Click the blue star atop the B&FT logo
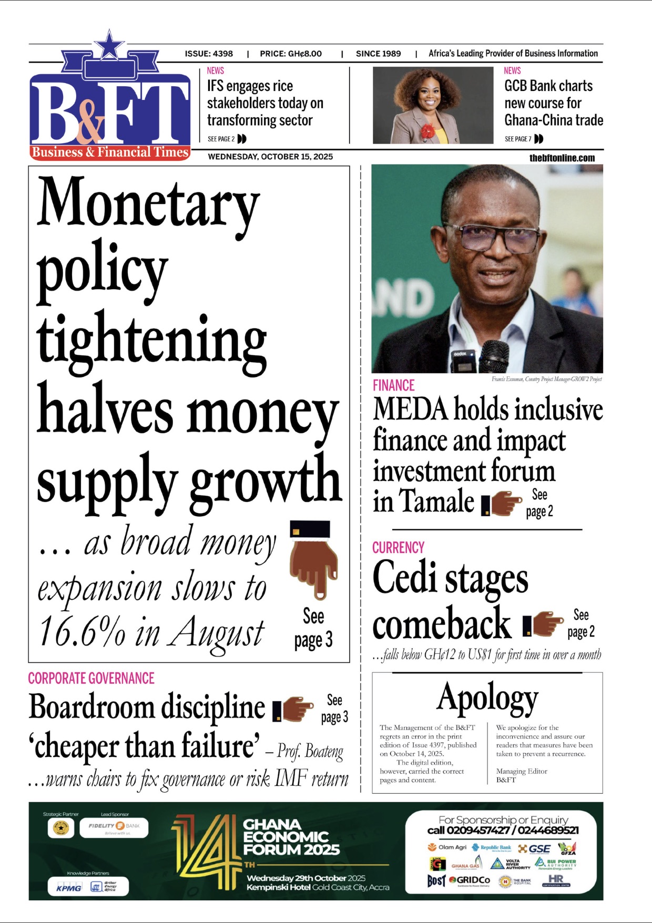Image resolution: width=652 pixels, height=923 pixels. click(x=109, y=45)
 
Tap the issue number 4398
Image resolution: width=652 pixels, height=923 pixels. click(x=223, y=54)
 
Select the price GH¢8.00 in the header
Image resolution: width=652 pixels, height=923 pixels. click(x=305, y=54)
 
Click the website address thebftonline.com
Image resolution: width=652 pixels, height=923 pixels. click(x=562, y=158)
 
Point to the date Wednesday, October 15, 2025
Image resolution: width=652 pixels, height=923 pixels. click(x=270, y=157)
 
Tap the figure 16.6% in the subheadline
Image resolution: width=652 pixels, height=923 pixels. click(x=82, y=631)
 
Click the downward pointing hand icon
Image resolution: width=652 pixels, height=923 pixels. click(x=314, y=560)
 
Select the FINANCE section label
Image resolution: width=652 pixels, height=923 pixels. click(x=393, y=385)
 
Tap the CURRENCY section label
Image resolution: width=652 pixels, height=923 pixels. click(x=398, y=548)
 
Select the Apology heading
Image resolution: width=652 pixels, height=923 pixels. click(x=487, y=698)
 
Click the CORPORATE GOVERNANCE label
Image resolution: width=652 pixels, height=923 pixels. click(x=91, y=678)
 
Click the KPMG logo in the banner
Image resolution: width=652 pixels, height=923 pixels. click(x=69, y=888)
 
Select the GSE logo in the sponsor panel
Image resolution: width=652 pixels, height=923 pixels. click(x=534, y=848)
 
